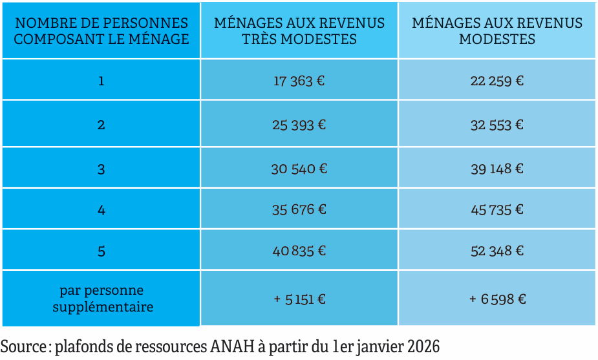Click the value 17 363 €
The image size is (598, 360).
(299, 81)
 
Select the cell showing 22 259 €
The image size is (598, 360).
(497, 81)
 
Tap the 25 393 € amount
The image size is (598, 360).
(299, 125)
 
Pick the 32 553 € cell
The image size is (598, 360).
(497, 125)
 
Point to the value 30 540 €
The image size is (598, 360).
(299, 169)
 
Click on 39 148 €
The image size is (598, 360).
(497, 169)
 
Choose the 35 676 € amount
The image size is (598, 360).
(299, 209)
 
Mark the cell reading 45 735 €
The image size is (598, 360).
(497, 209)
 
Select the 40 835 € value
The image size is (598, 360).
(299, 250)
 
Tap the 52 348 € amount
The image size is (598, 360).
(497, 250)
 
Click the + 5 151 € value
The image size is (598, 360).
(299, 299)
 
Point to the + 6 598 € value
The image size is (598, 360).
(497, 299)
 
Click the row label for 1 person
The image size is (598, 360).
(101, 81)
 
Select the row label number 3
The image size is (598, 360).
(101, 169)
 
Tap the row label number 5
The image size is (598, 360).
(101, 251)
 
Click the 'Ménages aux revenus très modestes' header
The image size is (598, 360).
(299, 31)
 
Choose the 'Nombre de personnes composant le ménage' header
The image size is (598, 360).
(101, 31)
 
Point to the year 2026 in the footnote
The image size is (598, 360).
(423, 346)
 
